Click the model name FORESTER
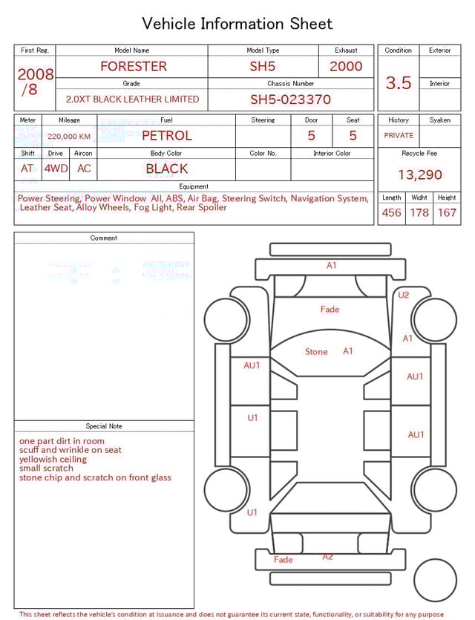pyautogui.click(x=134, y=66)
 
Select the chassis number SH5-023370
pyautogui.click(x=290, y=99)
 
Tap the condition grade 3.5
pyautogui.click(x=399, y=82)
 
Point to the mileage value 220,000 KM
pyautogui.click(x=69, y=137)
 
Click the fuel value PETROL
pyautogui.click(x=166, y=136)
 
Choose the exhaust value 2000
pyautogui.click(x=346, y=66)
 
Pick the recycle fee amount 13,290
pyautogui.click(x=419, y=175)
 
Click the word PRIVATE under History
pyautogui.click(x=399, y=135)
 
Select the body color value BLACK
pyautogui.click(x=166, y=169)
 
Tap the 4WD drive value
pyautogui.click(x=56, y=169)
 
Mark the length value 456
pyautogui.click(x=391, y=212)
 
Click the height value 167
pyautogui.click(x=447, y=212)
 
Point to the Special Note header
pyautogui.click(x=104, y=426)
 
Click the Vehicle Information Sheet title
pyautogui.click(x=237, y=24)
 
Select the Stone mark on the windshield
pyautogui.click(x=316, y=352)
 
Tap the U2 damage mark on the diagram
pyautogui.click(x=403, y=295)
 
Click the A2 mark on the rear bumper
pyautogui.click(x=327, y=556)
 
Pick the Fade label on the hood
pyautogui.click(x=330, y=309)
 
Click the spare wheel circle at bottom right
pyautogui.click(x=436, y=581)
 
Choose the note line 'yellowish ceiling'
pyautogui.click(x=53, y=460)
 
